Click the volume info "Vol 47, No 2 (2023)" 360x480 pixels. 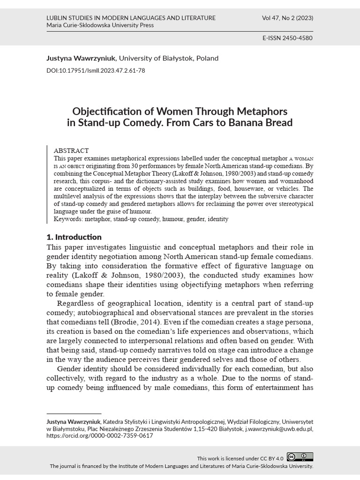288,18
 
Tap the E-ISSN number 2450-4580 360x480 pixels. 288,38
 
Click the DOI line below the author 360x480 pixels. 96,71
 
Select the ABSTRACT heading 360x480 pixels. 71,151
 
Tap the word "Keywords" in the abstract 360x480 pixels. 68,219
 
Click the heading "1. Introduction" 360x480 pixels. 74,237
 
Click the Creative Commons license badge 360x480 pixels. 300,457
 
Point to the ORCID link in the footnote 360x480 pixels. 100,435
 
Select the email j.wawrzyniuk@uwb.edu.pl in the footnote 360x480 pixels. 276,428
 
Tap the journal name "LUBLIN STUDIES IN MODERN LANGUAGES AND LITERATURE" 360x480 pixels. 131,18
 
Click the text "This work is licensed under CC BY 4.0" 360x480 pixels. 240,458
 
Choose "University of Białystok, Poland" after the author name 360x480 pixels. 168,59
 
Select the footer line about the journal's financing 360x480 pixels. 181,466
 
